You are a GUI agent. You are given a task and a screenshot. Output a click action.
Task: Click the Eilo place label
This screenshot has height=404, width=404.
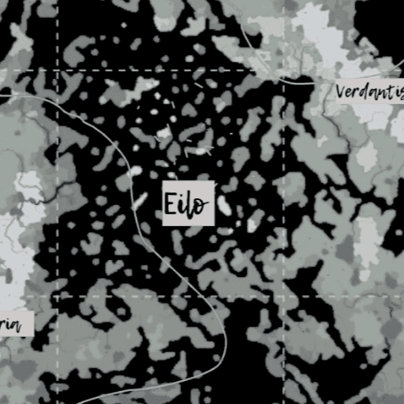186,202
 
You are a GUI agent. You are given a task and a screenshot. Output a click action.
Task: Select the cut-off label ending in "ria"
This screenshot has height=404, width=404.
11,325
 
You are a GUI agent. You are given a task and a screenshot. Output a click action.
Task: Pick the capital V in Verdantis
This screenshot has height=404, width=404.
340,91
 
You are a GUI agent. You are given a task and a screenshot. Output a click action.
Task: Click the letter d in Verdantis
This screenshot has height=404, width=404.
364,90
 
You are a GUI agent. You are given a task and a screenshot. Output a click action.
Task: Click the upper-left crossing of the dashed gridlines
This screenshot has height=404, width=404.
57,70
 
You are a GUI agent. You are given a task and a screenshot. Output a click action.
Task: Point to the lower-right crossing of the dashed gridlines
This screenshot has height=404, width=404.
284,297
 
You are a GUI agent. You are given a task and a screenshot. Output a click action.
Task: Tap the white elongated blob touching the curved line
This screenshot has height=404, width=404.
136,172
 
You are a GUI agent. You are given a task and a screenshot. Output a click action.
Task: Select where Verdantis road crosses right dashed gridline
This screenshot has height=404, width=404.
284,81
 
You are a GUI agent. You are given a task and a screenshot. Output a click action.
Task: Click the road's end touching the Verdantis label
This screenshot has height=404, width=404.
331,84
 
